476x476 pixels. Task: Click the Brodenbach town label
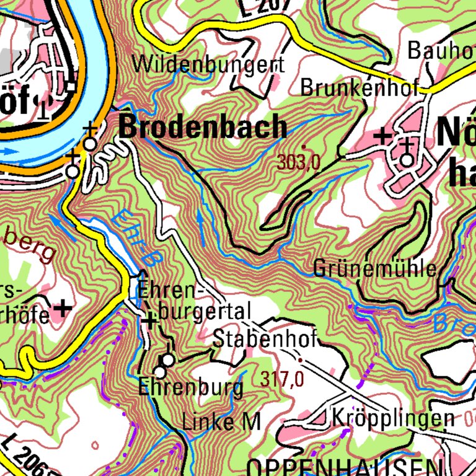tap(203, 127)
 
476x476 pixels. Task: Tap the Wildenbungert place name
tap(208, 64)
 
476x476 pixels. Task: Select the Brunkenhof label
tap(360, 88)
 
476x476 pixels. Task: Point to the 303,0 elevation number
tap(299, 163)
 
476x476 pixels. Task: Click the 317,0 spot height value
tap(282, 379)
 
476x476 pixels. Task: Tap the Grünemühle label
tap(376, 269)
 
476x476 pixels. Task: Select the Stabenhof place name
tap(265, 339)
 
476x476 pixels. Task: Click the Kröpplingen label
tap(393, 417)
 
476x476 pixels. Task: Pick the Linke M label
tap(221, 422)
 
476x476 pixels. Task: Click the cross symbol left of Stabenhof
tap(150, 320)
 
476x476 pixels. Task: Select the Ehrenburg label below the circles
tap(190, 388)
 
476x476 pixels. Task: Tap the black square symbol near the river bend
tap(72, 87)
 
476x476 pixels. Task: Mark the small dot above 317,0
tap(301, 359)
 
